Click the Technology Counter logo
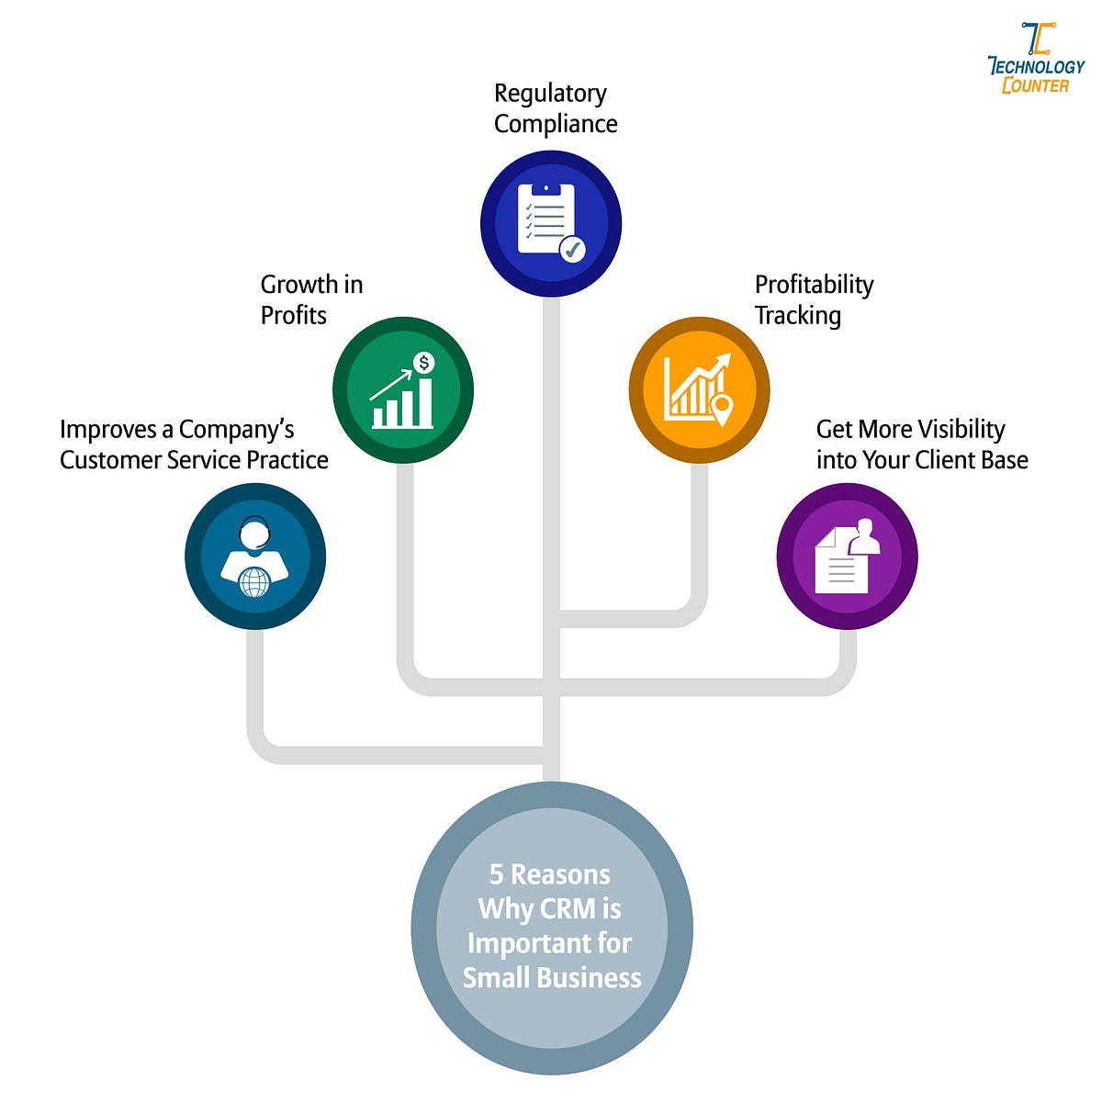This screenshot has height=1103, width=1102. pos(1036,59)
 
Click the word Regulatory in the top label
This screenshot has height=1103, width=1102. pos(549,94)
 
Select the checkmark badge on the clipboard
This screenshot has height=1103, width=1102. pos(572,248)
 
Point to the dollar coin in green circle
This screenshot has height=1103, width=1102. pos(423,363)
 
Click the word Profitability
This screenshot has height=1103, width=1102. pos(814,285)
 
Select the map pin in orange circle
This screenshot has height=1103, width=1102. pos(722,409)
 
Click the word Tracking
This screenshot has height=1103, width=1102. pos(797,316)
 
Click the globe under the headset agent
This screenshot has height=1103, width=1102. pos(254,581)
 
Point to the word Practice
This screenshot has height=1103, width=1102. pos(287,460)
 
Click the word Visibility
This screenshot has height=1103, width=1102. pos(961,430)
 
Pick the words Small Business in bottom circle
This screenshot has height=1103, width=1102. pos(552,977)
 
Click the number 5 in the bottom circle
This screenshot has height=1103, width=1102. pos(496,874)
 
